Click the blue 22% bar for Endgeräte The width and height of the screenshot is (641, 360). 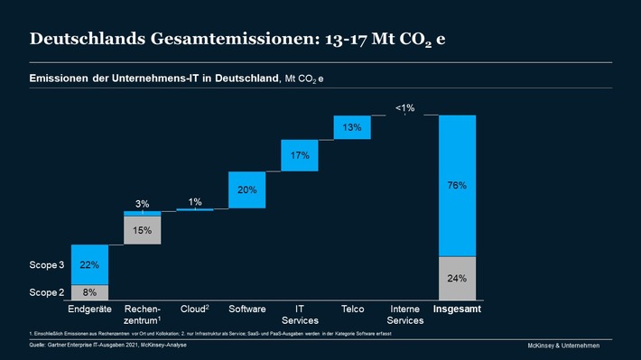point(90,264)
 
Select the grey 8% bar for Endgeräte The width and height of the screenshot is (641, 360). point(90,292)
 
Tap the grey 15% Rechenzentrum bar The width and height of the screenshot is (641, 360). point(143,230)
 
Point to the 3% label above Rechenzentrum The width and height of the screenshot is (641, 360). point(143,204)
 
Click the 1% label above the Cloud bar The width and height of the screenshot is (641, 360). point(195,201)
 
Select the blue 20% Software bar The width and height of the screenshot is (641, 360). point(247,189)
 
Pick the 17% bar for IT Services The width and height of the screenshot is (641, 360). point(300,155)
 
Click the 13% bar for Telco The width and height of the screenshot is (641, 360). point(352,127)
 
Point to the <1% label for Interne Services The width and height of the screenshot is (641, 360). point(404,108)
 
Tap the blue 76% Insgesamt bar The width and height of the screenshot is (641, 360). point(457,186)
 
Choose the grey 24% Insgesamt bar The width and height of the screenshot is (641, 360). point(457,279)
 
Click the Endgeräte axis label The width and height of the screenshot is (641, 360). point(90,309)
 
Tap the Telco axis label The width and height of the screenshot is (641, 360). point(352,309)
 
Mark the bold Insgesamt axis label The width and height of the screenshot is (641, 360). point(457,309)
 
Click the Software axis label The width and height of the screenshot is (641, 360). point(247,309)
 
